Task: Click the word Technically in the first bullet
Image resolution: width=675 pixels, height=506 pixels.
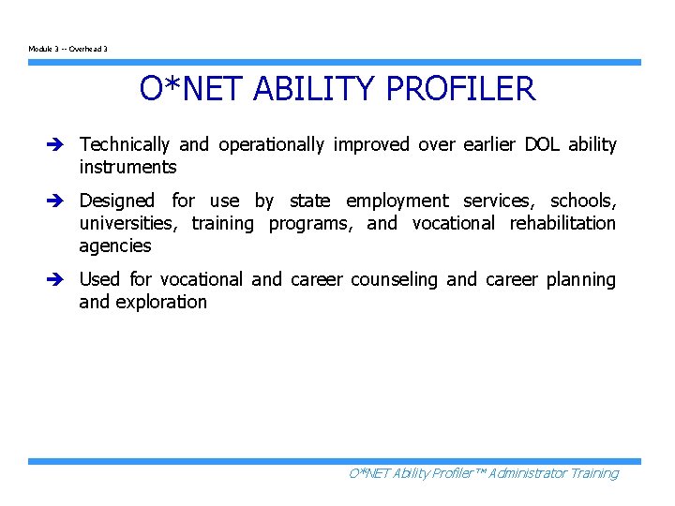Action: (125, 145)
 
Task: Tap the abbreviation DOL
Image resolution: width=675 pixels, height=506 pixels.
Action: (542, 145)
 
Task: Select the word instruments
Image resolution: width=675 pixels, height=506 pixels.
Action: (127, 168)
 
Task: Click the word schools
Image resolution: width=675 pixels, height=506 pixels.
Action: (582, 201)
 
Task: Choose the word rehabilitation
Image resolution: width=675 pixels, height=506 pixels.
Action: (562, 224)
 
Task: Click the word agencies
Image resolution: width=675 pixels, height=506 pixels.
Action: (114, 246)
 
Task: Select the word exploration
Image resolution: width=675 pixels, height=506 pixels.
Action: (160, 303)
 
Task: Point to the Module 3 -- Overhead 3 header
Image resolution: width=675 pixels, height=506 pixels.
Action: (67, 49)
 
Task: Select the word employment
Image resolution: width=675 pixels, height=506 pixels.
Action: (397, 201)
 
